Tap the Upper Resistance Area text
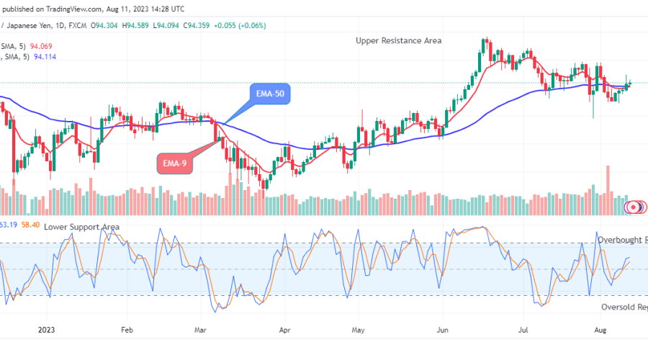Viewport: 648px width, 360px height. point(398,41)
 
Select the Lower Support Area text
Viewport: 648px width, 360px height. point(81,227)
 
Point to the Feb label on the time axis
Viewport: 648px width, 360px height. point(127,330)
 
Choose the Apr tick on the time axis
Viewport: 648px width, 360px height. point(284,330)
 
